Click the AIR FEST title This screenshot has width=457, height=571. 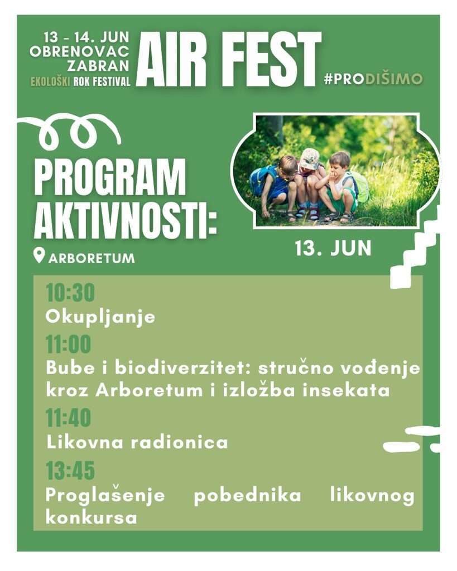229,59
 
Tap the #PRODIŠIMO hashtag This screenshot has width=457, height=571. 373,79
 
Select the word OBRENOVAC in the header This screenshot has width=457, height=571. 79,51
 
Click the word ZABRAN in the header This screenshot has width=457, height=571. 98,66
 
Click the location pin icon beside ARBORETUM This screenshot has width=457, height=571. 39,255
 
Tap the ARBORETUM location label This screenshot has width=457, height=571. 92,258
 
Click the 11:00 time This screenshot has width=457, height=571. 68,344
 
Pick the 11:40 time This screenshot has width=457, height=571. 68,418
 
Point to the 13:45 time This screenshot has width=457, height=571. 70,470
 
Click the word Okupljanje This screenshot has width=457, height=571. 100,317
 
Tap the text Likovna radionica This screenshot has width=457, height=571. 137,442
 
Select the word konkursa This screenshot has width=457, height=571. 92,517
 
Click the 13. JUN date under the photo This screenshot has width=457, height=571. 333,248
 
